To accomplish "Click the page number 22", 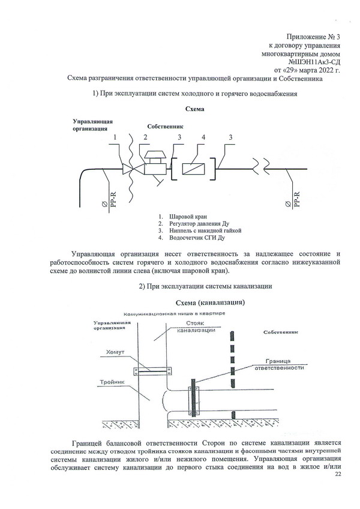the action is (338, 474).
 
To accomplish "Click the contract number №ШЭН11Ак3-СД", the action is (314, 62).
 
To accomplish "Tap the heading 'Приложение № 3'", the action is (313, 37).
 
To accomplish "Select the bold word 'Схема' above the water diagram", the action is (195, 109).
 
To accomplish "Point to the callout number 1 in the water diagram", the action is (115, 137).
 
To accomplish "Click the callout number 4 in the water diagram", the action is (203, 137).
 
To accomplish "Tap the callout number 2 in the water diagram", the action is (145, 137).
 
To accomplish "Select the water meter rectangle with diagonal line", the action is (193, 169).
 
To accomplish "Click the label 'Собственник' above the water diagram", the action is (165, 127).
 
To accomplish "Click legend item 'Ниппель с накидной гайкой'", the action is (205, 230).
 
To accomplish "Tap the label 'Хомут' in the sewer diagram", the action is (115, 352).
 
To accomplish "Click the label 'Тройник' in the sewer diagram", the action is (112, 382).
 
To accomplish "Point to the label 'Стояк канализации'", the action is (196, 327).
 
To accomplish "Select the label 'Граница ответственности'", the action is (279, 364).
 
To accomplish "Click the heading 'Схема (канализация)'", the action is (210, 303).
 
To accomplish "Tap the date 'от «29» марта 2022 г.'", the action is (307, 70).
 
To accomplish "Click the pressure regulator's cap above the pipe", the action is (154, 157).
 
